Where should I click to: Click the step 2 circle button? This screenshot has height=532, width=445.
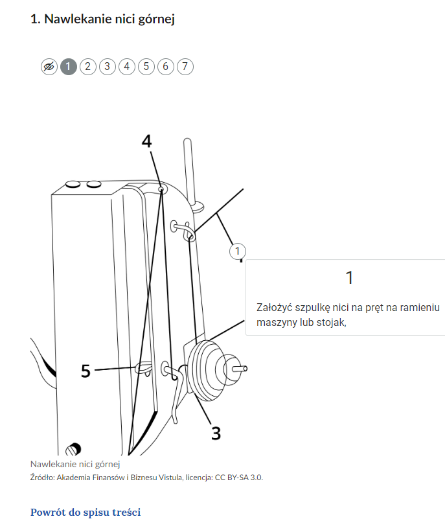pyautogui.click(x=88, y=67)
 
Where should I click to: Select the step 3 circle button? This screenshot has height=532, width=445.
pyautogui.click(x=107, y=67)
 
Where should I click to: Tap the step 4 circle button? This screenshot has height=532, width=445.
pyautogui.click(x=127, y=67)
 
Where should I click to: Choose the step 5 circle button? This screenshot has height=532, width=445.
pyautogui.click(x=146, y=67)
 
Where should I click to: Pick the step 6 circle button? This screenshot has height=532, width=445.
pyautogui.click(x=166, y=67)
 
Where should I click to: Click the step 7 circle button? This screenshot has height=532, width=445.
pyautogui.click(x=185, y=67)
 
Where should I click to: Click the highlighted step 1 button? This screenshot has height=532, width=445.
pyautogui.click(x=69, y=67)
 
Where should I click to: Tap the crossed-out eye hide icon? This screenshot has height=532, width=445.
pyautogui.click(x=49, y=67)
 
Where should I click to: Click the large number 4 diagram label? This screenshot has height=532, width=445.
pyautogui.click(x=146, y=141)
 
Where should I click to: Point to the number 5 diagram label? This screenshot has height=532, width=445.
pyautogui.click(x=86, y=371)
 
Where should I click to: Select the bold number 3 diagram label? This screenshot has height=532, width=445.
pyautogui.click(x=216, y=434)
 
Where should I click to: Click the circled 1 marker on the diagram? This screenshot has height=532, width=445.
pyautogui.click(x=238, y=251)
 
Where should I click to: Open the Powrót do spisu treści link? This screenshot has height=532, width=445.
pyautogui.click(x=86, y=512)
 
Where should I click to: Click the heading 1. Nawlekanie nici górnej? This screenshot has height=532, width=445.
pyautogui.click(x=102, y=19)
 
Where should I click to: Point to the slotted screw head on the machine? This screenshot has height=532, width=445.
pyautogui.click(x=73, y=450)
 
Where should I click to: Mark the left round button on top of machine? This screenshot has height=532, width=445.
pyautogui.click(x=73, y=184)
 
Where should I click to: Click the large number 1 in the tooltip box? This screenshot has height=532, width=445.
pyautogui.click(x=349, y=277)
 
